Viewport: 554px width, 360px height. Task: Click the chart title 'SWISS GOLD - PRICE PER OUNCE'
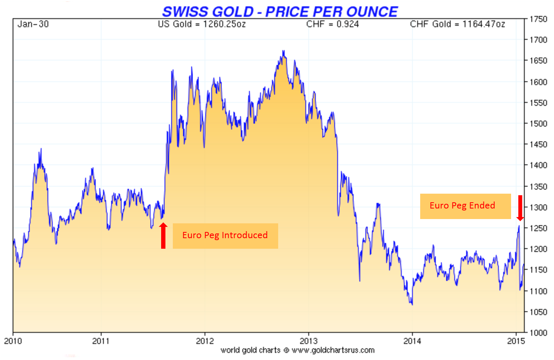click(280, 12)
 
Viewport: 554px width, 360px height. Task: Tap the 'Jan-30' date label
click(33, 24)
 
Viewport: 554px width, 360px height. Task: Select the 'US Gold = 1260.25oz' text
click(202, 24)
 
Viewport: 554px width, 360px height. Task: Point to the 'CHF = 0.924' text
click(332, 24)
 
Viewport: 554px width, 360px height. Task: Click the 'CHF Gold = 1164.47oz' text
click(457, 24)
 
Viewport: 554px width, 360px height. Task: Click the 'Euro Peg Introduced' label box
click(225, 235)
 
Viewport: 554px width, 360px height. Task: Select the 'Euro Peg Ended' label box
click(465, 206)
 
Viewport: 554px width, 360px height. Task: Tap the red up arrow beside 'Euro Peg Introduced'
click(163, 235)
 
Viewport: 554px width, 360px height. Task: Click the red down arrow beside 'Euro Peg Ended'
click(520, 208)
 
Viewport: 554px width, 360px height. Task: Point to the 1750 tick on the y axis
click(538, 19)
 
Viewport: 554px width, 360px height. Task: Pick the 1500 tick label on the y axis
click(538, 124)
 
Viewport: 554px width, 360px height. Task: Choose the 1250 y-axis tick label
click(538, 228)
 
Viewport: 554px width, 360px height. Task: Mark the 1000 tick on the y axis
click(538, 333)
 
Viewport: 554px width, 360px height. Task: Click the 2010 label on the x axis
click(13, 341)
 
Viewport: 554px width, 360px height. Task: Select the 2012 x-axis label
click(205, 341)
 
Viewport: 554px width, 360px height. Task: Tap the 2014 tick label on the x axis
click(412, 341)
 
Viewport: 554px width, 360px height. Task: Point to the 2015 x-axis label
click(516, 341)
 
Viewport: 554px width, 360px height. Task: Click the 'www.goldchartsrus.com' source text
click(333, 350)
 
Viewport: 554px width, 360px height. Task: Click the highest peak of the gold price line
click(284, 51)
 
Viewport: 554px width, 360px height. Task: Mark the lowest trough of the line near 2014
click(412, 305)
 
